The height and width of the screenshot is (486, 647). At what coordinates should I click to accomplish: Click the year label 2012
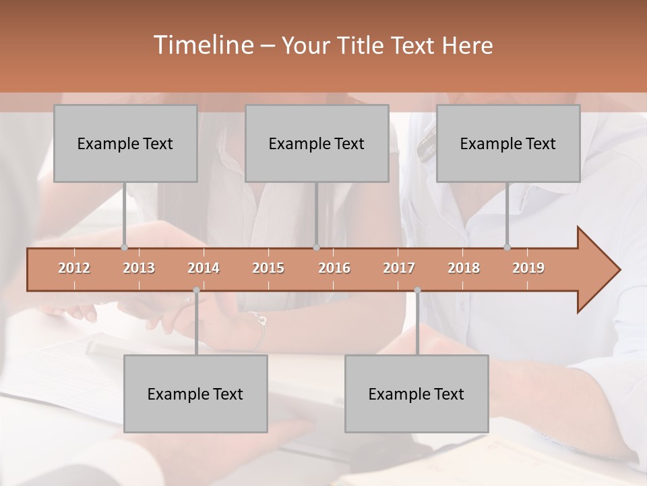[x=74, y=268]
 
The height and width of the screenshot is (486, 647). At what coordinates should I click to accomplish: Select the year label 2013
[x=139, y=268]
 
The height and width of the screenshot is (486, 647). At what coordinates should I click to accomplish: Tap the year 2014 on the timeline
[x=204, y=268]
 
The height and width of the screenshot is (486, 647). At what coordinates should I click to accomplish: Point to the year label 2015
[x=268, y=268]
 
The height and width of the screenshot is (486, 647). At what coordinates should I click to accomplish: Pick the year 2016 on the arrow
[x=334, y=268]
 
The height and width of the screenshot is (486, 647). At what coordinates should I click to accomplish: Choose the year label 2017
[x=399, y=268]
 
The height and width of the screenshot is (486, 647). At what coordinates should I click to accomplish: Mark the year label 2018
[x=464, y=268]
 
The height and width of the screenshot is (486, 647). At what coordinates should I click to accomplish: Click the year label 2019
[x=528, y=268]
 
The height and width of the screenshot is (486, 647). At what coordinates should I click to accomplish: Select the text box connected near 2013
[x=125, y=143]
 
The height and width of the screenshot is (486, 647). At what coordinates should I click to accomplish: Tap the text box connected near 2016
[x=317, y=143]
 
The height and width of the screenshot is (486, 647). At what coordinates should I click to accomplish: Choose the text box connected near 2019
[x=508, y=143]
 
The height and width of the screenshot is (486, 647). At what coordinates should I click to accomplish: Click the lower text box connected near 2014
[x=195, y=394]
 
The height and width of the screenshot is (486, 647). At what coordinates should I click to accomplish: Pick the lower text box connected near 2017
[x=417, y=394]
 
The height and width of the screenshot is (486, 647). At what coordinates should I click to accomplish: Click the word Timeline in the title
[x=202, y=45]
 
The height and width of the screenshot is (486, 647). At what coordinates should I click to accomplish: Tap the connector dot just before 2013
[x=124, y=247]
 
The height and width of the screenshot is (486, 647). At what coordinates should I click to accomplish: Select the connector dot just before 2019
[x=507, y=247]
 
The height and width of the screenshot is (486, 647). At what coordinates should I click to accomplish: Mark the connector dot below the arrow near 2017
[x=417, y=290]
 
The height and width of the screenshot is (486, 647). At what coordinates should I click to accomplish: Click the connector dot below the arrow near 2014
[x=196, y=290]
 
